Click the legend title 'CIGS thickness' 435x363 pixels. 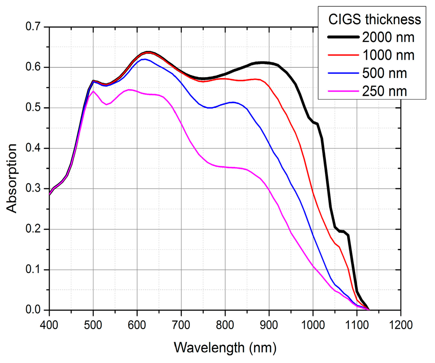click(x=375, y=20)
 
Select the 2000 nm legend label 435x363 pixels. click(x=388, y=37)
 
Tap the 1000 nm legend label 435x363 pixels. click(x=388, y=55)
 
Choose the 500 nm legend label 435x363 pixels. click(x=384, y=73)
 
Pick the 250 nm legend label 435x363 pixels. click(x=384, y=91)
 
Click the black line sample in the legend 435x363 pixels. click(x=343, y=37)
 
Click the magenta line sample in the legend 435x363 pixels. click(x=343, y=91)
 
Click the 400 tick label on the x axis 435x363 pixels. click(x=49, y=325)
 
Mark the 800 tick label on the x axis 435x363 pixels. click(x=225, y=325)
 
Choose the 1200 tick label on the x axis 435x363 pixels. click(x=401, y=325)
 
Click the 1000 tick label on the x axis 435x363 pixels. click(x=313, y=325)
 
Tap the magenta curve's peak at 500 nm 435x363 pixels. click(x=93, y=91)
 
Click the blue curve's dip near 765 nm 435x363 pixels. click(x=210, y=108)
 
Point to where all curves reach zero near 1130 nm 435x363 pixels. click(x=369, y=310)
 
